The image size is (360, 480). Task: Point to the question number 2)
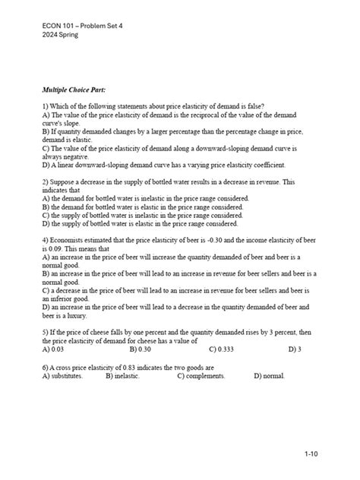[47, 183]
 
